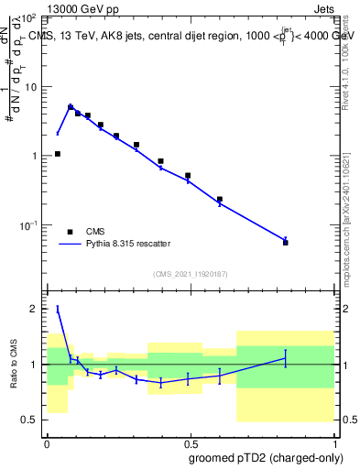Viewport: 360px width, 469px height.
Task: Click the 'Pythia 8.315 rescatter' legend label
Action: [128, 244]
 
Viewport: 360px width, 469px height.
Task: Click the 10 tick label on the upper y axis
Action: [30, 87]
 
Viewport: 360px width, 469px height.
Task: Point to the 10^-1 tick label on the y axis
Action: [28, 225]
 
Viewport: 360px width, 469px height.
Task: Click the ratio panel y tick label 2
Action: [35, 309]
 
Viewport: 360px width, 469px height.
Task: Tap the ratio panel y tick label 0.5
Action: [29, 420]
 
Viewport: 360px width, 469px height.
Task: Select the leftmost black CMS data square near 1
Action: [58, 154]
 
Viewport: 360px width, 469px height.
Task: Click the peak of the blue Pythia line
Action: [71, 107]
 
